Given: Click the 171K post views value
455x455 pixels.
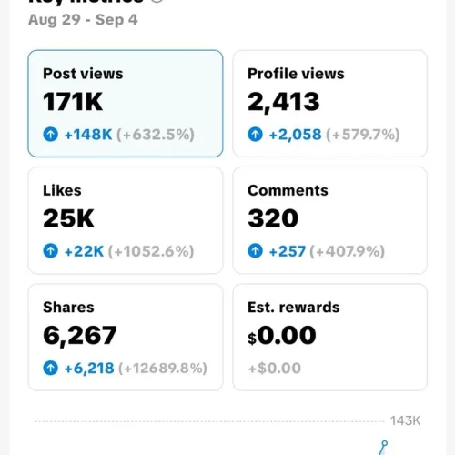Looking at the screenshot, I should tap(74, 102).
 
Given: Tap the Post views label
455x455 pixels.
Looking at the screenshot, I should tap(83, 74).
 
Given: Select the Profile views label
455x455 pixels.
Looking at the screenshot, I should tap(296, 74).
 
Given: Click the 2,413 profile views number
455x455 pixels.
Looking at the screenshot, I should tap(284, 102).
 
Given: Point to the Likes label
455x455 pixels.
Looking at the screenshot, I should tap(62, 190).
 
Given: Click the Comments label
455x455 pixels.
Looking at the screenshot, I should tap(288, 190).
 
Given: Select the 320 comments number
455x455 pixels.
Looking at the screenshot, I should tap(273, 218).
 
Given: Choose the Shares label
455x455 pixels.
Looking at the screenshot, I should tap(68, 308).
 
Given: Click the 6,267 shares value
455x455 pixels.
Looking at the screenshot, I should tap(80, 336).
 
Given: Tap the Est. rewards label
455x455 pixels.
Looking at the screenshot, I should tap(294, 308).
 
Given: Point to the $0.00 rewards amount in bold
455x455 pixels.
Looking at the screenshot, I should tap(282, 336).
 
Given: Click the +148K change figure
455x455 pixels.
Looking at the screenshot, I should tap(87, 135).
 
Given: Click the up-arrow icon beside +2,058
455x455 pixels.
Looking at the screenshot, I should tap(256, 135).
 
